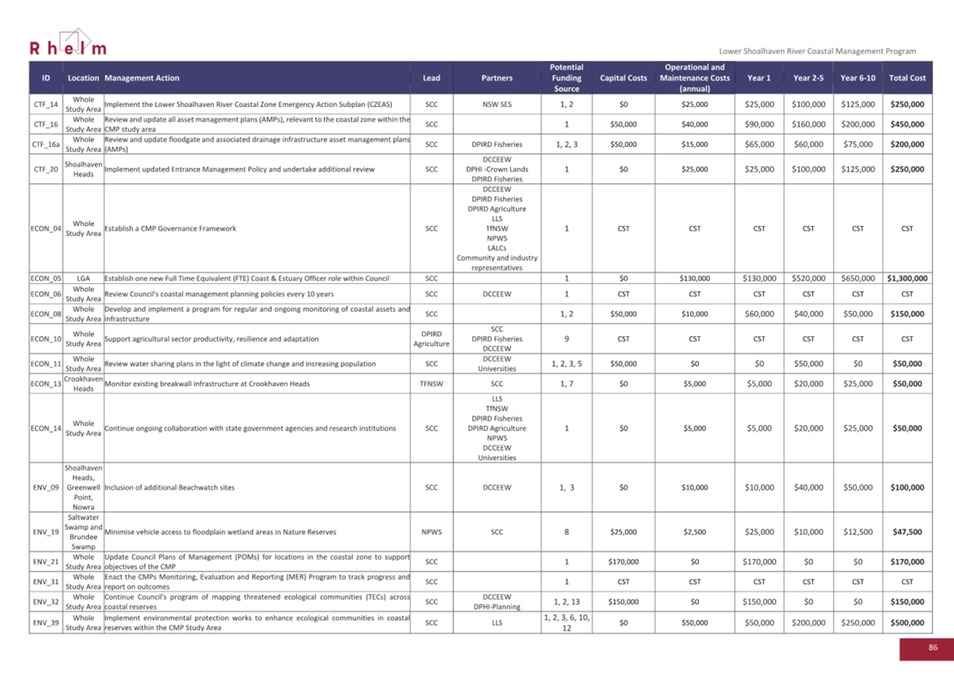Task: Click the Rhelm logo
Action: tap(68, 45)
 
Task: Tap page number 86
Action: tap(933, 647)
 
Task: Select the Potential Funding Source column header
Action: tap(566, 78)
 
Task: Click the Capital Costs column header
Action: tap(623, 78)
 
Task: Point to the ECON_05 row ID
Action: tap(46, 278)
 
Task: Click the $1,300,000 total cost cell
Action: tap(907, 278)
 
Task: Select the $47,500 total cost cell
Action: tap(907, 532)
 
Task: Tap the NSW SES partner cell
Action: tap(497, 104)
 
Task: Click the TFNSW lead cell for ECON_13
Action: tap(431, 383)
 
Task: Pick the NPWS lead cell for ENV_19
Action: tap(431, 532)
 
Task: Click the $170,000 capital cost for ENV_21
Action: tap(623, 562)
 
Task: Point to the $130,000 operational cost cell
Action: tap(694, 278)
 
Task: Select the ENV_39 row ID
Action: tap(46, 623)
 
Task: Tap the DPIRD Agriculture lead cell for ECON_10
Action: tap(431, 339)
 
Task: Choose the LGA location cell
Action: tap(83, 278)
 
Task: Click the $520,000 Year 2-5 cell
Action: tap(808, 278)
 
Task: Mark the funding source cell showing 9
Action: tap(566, 339)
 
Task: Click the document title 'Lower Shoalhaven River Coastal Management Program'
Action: tap(817, 51)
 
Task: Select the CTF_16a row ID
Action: tap(46, 144)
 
